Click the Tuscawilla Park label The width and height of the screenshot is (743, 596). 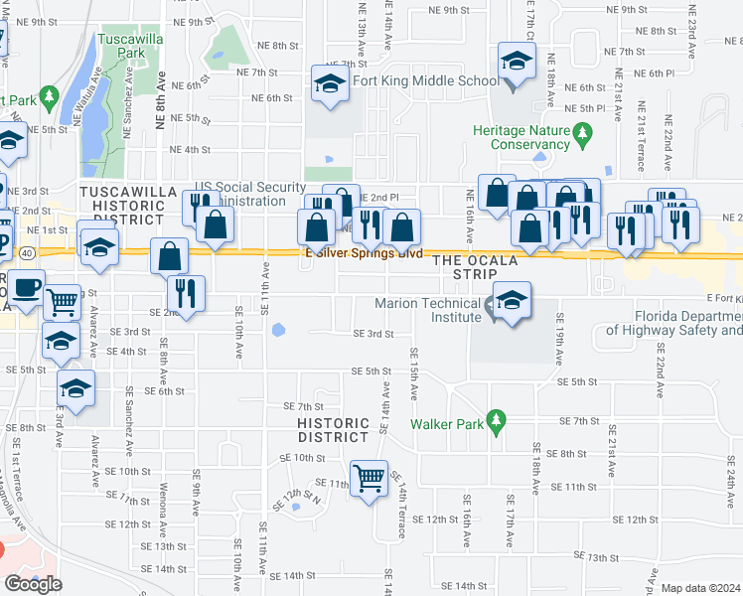[x=123, y=44]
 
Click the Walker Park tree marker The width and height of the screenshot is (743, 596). [x=498, y=420]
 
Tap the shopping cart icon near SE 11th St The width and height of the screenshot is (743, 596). [x=370, y=478]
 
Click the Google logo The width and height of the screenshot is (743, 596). [x=33, y=584]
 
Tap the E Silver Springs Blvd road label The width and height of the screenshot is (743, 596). [x=359, y=252]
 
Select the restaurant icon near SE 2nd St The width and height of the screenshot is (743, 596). [x=186, y=291]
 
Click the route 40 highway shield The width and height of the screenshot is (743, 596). [x=28, y=253]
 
